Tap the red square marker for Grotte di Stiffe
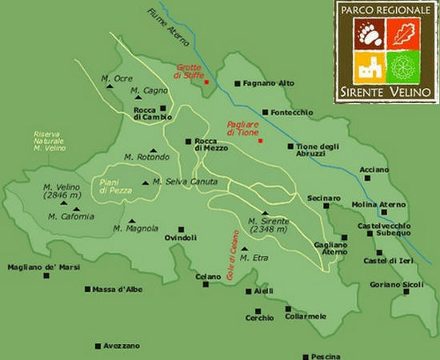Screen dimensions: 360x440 click(x=206, y=82)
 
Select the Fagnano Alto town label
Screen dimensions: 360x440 click(x=269, y=82)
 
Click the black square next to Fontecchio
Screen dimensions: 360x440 click(x=265, y=112)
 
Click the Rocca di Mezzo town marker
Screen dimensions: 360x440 click(x=189, y=142)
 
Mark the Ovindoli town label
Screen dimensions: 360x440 click(x=180, y=238)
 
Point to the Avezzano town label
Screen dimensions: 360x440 click(x=122, y=346)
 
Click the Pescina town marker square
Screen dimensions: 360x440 click(x=305, y=358)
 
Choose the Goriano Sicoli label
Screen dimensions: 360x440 click(x=397, y=286)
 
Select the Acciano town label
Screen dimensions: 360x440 click(x=374, y=170)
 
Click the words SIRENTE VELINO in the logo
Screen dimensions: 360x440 click(x=386, y=92)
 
